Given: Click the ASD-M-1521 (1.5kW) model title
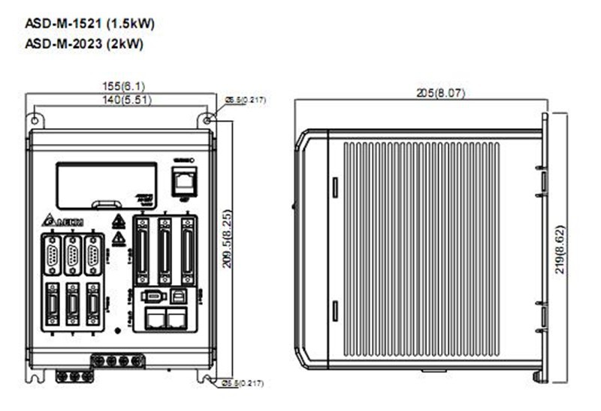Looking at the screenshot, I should tap(90, 24).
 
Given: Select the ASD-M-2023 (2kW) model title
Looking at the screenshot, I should tap(84, 43).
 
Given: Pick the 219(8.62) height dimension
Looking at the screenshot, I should tap(560, 247).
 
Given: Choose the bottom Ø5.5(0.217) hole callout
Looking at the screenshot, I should tap(245, 383).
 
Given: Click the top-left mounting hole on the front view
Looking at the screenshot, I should tap(34, 118).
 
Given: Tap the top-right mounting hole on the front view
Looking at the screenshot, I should tap(208, 118).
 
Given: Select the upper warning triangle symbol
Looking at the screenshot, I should tap(118, 222).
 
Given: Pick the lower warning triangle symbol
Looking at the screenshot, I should tap(118, 239).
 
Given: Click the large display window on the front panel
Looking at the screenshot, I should tap(106, 184).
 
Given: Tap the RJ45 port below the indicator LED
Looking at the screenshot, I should tap(183, 180).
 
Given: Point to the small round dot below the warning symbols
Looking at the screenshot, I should tap(117, 330).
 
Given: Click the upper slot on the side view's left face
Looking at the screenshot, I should tap(335, 186).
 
